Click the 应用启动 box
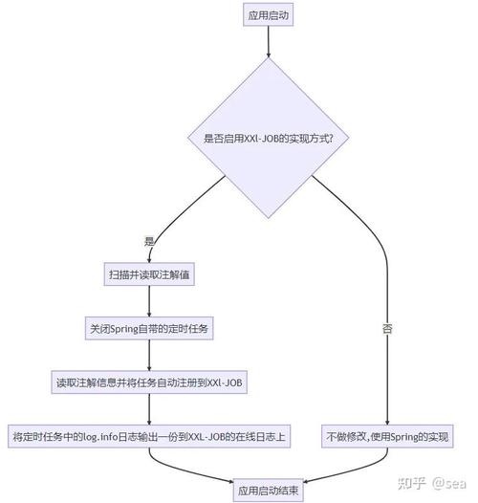[x=269, y=15]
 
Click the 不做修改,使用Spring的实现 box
[x=386, y=436]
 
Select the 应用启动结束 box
[x=269, y=489]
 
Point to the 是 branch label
[x=148, y=240]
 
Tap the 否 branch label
[x=387, y=328]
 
